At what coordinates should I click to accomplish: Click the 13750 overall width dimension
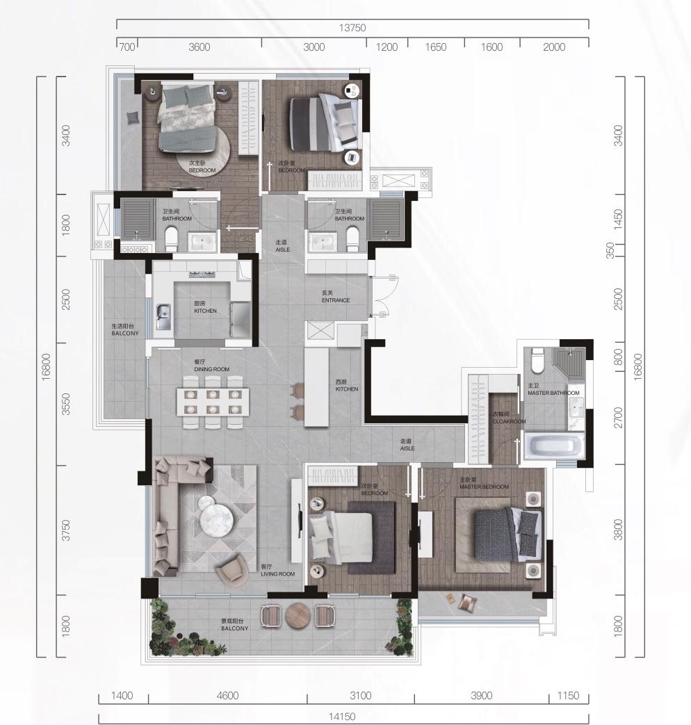[352, 28]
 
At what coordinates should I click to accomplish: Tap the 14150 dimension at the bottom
[342, 717]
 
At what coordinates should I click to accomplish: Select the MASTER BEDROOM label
[485, 487]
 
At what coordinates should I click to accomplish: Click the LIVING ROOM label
[278, 573]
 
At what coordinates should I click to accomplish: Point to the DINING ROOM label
[212, 369]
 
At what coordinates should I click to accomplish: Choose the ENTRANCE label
[336, 300]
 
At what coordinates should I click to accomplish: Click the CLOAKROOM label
[510, 421]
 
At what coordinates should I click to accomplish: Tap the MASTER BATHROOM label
[553, 393]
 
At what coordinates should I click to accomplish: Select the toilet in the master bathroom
[537, 361]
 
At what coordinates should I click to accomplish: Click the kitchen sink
[163, 316]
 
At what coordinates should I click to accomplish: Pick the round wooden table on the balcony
[297, 616]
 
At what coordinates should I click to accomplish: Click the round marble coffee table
[215, 512]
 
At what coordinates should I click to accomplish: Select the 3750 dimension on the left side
[66, 530]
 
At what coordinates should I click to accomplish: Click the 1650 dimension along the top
[436, 47]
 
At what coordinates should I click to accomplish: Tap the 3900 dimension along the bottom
[482, 696]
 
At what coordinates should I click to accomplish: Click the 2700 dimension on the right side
[619, 418]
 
